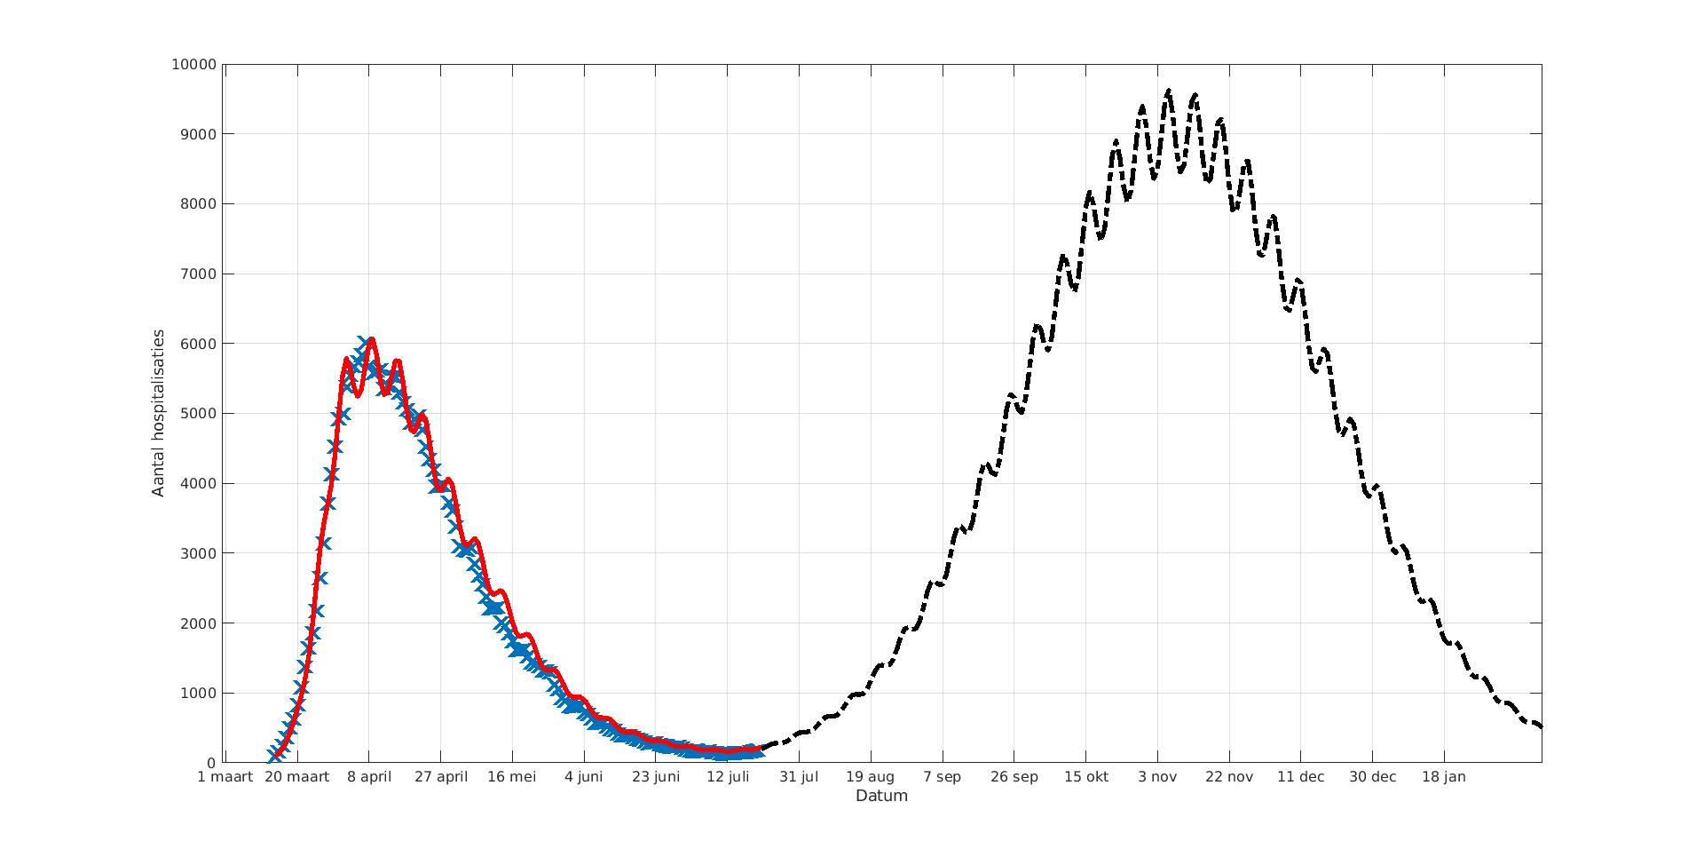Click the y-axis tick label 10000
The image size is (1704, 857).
[193, 65]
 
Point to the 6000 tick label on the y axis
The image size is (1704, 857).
[197, 344]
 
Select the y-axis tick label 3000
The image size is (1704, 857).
[197, 553]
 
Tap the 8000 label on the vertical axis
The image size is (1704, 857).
[197, 204]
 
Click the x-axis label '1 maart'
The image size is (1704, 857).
[225, 777]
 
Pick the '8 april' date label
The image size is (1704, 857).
[369, 777]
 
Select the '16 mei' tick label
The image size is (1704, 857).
[512, 777]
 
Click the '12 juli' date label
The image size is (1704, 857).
[728, 777]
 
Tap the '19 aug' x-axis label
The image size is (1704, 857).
[871, 777]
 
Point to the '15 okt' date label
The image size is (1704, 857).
[1085, 777]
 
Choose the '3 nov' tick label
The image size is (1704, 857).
[1157, 777]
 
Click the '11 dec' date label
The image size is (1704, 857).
[1301, 777]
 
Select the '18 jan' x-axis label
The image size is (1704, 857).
[1444, 777]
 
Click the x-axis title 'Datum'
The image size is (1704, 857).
[881, 796]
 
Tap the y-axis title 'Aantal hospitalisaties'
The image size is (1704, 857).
[159, 413]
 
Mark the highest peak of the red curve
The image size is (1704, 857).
[371, 339]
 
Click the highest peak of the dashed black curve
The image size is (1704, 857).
[1168, 91]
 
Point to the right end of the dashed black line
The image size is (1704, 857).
[1541, 726]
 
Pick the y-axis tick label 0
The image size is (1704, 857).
[211, 763]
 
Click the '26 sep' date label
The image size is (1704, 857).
[1014, 777]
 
